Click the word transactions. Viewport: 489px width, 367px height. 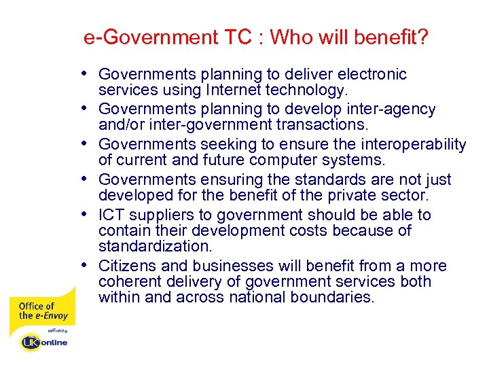coord(310,125)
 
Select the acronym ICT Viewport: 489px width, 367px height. coord(112,215)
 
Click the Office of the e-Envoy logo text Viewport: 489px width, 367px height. coord(37,311)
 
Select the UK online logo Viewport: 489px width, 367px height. coord(44,342)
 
